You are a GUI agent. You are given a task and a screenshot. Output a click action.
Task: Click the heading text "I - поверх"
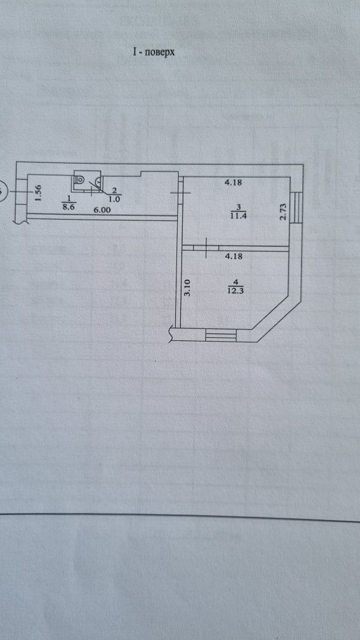point(154,52)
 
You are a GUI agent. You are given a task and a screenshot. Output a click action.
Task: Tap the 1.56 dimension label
point(38,193)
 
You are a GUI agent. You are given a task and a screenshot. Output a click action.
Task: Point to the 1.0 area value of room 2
point(114,199)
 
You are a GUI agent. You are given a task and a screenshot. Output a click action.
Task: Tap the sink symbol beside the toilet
point(98,180)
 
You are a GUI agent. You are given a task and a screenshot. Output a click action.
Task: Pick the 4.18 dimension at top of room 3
point(234,183)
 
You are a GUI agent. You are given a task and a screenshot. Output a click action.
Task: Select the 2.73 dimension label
point(283,213)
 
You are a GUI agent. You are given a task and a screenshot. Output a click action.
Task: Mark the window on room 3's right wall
point(297,208)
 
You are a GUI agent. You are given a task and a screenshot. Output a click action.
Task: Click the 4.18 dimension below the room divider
point(235,257)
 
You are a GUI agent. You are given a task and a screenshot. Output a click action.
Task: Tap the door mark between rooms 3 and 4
point(206,248)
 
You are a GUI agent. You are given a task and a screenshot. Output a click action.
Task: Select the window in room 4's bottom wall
point(221,335)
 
